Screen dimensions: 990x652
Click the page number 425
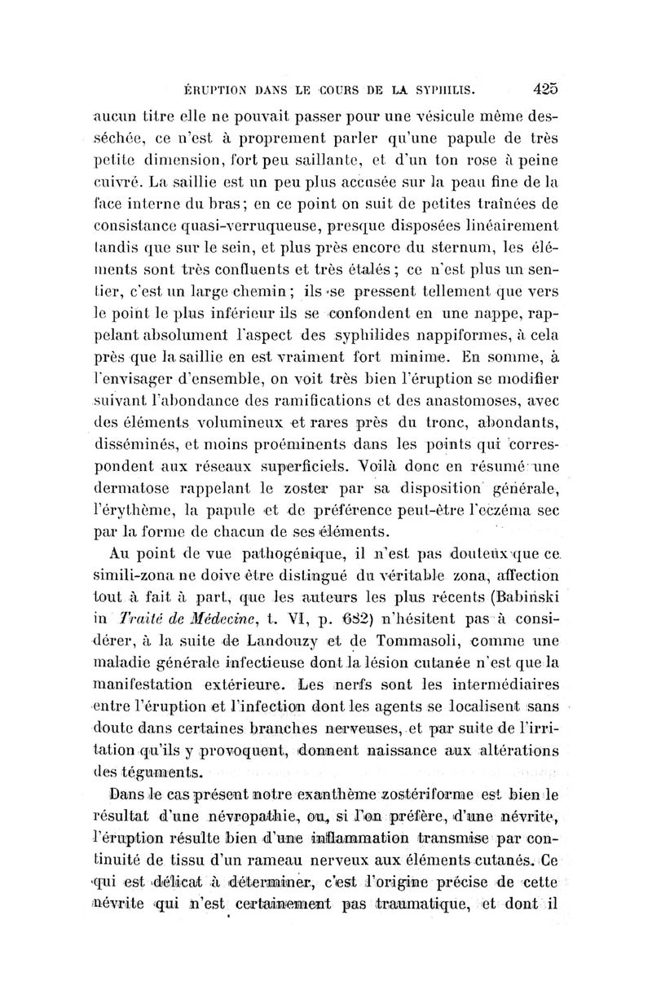[x=540, y=86]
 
